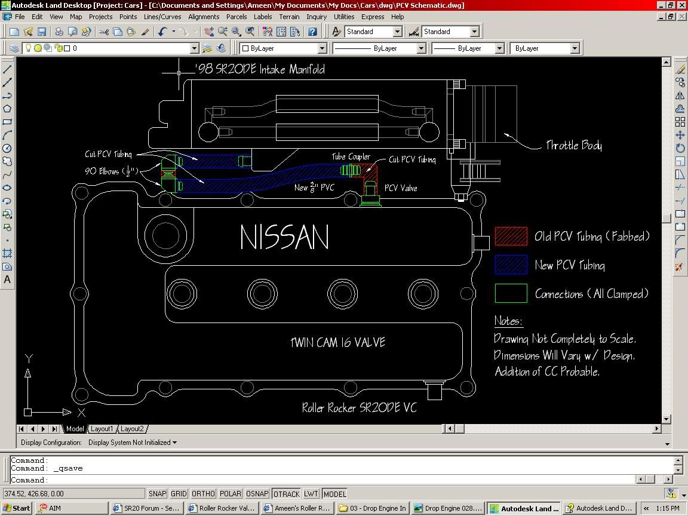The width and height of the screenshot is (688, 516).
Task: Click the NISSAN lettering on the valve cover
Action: pyautogui.click(x=284, y=237)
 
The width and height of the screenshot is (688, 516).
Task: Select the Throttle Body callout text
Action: pyautogui.click(x=573, y=145)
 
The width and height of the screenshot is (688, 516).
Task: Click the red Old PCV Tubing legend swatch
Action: pyautogui.click(x=511, y=236)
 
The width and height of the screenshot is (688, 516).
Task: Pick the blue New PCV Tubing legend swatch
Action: pyautogui.click(x=511, y=265)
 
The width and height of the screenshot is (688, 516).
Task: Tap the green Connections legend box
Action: pyautogui.click(x=511, y=294)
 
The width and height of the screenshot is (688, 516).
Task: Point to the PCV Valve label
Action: pyautogui.click(x=401, y=188)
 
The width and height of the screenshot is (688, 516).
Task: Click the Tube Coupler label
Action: pyautogui.click(x=351, y=156)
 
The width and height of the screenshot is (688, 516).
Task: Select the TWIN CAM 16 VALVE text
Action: pyautogui.click(x=338, y=343)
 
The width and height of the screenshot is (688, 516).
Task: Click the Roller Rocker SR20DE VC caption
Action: pyautogui.click(x=359, y=408)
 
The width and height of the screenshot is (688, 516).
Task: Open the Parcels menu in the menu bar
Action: pyautogui.click(x=236, y=17)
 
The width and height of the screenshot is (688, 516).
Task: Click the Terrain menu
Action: pyautogui.click(x=289, y=17)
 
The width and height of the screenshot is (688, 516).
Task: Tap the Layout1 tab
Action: pyautogui.click(x=102, y=429)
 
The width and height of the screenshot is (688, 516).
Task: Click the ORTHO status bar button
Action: pyautogui.click(x=203, y=494)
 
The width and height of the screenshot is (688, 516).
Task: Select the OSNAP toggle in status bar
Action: pyautogui.click(x=257, y=494)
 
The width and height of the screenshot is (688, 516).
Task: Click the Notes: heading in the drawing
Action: pyautogui.click(x=508, y=321)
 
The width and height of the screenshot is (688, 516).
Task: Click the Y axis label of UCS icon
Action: pyautogui.click(x=28, y=358)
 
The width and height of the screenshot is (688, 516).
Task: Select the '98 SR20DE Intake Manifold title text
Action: pyautogui.click(x=260, y=70)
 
